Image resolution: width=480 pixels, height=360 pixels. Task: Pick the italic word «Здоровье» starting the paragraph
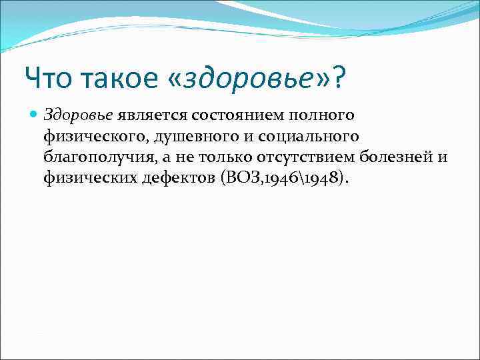tap(79, 115)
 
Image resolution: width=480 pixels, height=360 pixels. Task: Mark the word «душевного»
tap(186, 136)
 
